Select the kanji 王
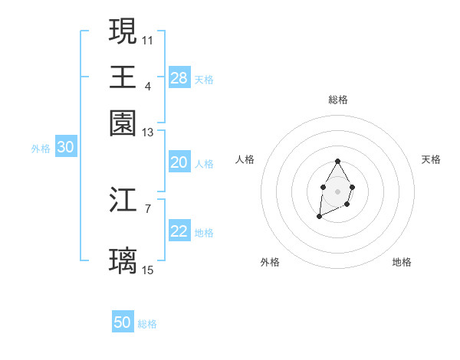pyautogui.click(x=123, y=77)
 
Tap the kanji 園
pyautogui.click(x=123, y=123)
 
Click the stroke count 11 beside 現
pyautogui.click(x=148, y=39)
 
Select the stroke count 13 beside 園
pyautogui.click(x=148, y=132)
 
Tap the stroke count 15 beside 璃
pyautogui.click(x=148, y=270)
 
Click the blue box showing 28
pyautogui.click(x=179, y=78)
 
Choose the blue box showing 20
pyautogui.click(x=179, y=162)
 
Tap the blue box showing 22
pyautogui.click(x=179, y=232)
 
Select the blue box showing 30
pyautogui.click(x=65, y=148)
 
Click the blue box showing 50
pyautogui.click(x=123, y=322)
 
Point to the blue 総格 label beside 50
pyautogui.click(x=147, y=324)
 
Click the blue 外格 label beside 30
pyautogui.click(x=41, y=149)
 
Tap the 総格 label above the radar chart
pyautogui.click(x=337, y=100)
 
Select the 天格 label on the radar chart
pyautogui.click(x=432, y=159)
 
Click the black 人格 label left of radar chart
pyautogui.click(x=245, y=159)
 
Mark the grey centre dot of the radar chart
pyautogui.click(x=337, y=191)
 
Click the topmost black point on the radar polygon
pyautogui.click(x=337, y=161)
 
